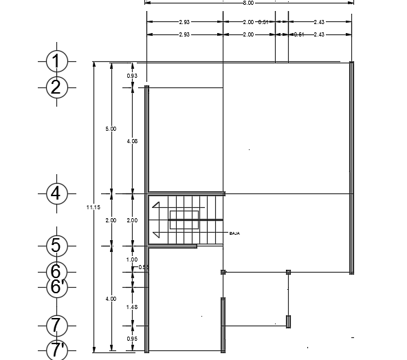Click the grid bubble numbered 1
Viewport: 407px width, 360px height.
point(56,62)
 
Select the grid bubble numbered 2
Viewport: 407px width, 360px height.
point(56,87)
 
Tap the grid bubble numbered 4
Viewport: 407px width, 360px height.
point(56,193)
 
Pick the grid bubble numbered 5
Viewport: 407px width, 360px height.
point(56,245)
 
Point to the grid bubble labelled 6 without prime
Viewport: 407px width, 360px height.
point(56,272)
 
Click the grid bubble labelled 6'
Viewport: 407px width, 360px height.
point(56,286)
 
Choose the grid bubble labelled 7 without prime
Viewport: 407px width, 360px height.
point(56,324)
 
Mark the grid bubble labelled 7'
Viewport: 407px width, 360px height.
point(56,350)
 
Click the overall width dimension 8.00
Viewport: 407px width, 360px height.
point(248,3)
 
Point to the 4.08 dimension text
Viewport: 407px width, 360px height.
point(132,141)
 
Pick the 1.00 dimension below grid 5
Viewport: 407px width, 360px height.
point(132,260)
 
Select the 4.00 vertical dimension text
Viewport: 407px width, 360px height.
point(111,299)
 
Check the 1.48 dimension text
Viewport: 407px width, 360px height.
point(132,307)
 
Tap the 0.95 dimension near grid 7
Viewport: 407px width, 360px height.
point(132,339)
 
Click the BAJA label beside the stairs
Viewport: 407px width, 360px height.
point(234,234)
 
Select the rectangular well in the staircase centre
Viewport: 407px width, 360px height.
point(184,220)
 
